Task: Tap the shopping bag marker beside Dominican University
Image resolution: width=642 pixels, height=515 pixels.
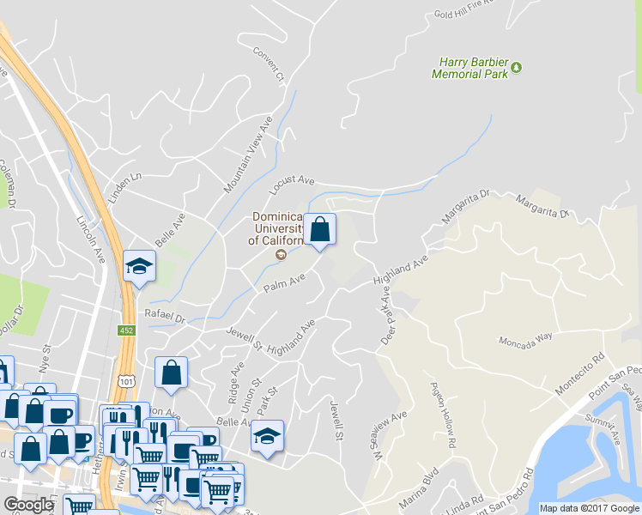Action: [x=319, y=230]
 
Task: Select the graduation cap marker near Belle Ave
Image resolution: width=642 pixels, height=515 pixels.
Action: [x=138, y=266]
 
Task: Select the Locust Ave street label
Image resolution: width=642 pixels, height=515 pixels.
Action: [x=293, y=181]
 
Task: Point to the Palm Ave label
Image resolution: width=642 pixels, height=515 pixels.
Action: [x=284, y=282]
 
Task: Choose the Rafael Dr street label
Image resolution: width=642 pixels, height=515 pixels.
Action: [x=166, y=316]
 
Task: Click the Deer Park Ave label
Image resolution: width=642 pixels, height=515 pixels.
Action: [x=385, y=317]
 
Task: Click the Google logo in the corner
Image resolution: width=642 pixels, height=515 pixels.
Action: [x=28, y=505]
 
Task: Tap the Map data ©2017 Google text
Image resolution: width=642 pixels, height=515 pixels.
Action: [x=591, y=508]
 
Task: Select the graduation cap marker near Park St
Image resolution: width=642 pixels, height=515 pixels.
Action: [x=267, y=435]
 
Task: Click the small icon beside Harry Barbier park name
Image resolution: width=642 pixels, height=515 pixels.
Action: [x=517, y=68]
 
